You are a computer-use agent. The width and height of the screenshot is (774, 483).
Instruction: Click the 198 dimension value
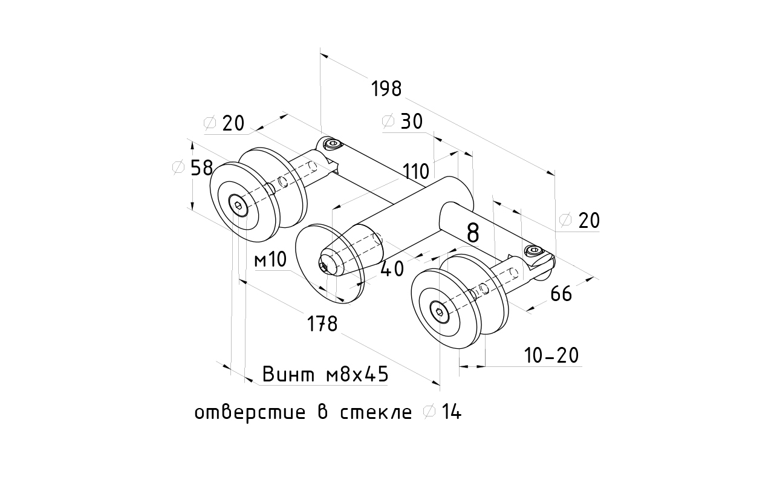click(387, 89)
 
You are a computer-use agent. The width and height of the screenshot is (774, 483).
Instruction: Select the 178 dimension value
click(322, 324)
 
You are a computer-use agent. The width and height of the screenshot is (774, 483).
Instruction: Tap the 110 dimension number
click(417, 172)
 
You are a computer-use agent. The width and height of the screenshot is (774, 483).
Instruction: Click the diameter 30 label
click(403, 122)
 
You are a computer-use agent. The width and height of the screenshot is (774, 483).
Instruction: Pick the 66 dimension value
click(561, 294)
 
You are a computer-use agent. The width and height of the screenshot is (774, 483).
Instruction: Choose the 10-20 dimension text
click(551, 356)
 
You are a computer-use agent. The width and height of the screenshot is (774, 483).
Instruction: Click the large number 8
click(473, 233)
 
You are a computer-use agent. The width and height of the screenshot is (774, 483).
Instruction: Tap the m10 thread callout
click(270, 261)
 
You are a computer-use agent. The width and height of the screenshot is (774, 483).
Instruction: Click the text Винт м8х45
click(325, 375)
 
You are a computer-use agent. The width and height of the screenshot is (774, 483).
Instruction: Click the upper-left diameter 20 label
click(225, 123)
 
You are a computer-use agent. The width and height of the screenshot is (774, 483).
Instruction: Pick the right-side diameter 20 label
click(580, 221)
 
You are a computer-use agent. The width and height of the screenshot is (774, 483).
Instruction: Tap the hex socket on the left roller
click(240, 206)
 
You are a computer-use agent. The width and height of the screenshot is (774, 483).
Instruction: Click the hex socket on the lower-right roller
click(440, 312)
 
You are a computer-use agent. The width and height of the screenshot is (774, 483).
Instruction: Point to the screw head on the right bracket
click(533, 250)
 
